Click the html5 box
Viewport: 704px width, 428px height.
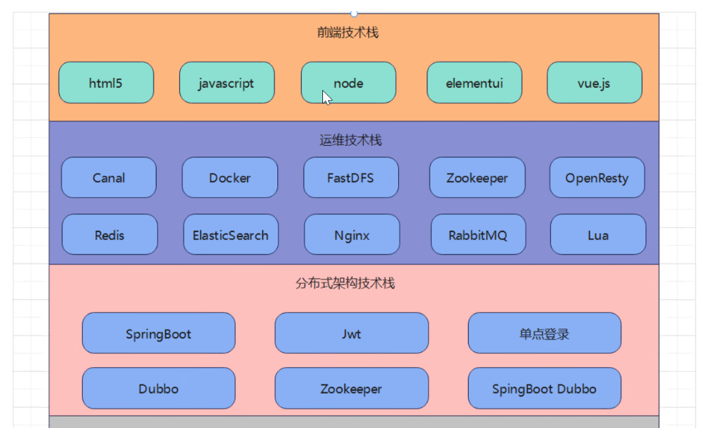point(106,83)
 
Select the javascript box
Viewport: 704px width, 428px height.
point(227,83)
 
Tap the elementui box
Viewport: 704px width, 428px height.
point(474,83)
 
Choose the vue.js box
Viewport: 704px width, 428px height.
point(595,83)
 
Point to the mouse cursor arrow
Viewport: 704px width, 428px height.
point(327,97)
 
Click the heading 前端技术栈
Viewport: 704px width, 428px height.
point(348,32)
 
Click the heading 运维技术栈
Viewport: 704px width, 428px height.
point(351,140)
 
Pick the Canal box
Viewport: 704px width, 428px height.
point(109,177)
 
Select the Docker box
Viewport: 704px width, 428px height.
point(230,177)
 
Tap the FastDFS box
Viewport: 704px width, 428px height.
point(351,177)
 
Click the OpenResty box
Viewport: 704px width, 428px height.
point(597,177)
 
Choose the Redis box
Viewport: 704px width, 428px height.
point(109,234)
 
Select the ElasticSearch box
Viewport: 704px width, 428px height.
point(231,234)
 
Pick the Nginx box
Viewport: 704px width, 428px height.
point(352,234)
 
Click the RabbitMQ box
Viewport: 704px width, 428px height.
point(478,234)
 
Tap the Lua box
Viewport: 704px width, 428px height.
point(598,234)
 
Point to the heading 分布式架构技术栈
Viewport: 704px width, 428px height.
point(345,283)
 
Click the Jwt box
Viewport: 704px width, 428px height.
point(352,333)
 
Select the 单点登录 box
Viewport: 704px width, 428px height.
point(545,333)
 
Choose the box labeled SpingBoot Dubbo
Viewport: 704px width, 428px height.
point(545,388)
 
